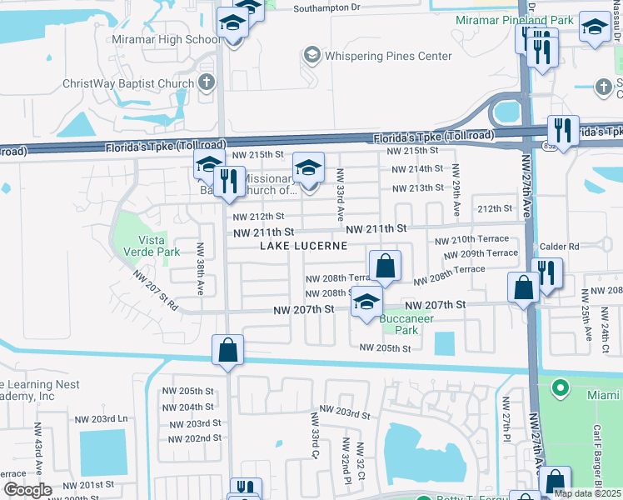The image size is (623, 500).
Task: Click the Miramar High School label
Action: click(x=181, y=40)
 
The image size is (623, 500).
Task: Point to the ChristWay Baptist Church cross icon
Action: click(x=207, y=82)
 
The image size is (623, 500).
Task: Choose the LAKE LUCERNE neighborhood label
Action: click(x=303, y=246)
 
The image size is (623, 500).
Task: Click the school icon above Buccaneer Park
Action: click(x=366, y=302)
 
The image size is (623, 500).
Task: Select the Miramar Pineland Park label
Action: click(x=513, y=19)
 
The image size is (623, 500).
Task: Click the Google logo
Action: click(x=27, y=490)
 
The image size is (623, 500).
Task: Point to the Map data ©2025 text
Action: click(x=588, y=493)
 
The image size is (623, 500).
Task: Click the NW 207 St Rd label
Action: click(x=156, y=292)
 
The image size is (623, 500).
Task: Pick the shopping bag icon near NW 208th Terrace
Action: click(x=385, y=267)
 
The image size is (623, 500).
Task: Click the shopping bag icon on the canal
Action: click(x=228, y=351)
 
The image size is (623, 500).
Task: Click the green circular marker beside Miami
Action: click(x=561, y=387)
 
